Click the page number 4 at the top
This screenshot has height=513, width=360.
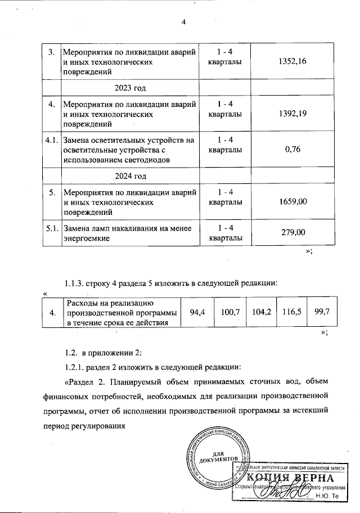pyautogui.click(x=183, y=22)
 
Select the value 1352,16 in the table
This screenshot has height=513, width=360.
pyautogui.click(x=288, y=61)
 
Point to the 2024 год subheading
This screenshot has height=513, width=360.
pyautogui.click(x=130, y=176)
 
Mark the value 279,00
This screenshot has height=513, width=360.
pyautogui.click(x=288, y=232)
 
